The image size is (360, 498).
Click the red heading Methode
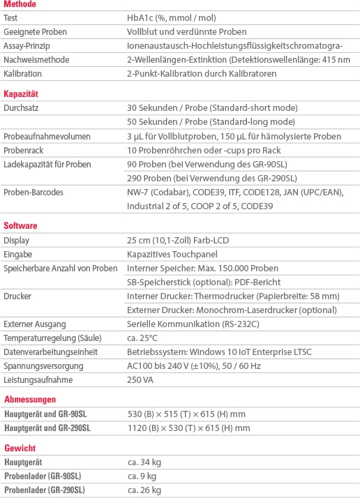click(20, 4)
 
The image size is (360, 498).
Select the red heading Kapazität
click(21, 93)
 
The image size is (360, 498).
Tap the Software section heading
click(21, 226)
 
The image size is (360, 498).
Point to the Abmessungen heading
click(30, 399)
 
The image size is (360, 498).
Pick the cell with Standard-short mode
click(213, 108)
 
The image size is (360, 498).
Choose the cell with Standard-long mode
click(212, 121)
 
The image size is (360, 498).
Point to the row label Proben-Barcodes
click(33, 192)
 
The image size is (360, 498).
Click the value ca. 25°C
click(143, 338)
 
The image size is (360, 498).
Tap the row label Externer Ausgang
click(35, 324)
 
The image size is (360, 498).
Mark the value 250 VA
click(140, 379)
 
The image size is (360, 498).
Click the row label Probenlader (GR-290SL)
click(45, 490)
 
